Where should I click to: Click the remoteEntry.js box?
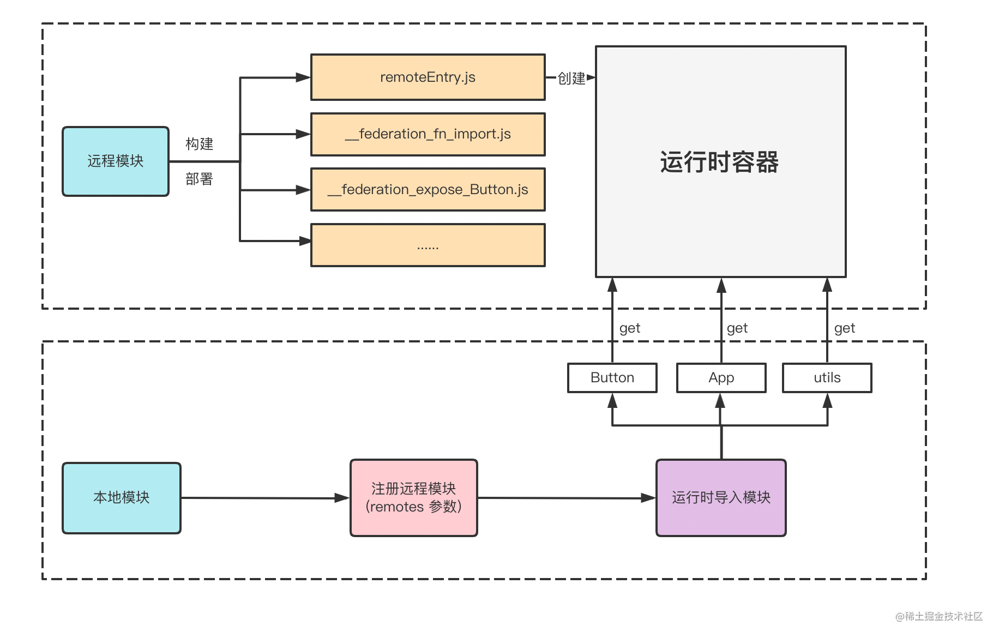(x=428, y=77)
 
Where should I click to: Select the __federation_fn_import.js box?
(x=428, y=134)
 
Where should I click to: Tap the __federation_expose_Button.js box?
(x=428, y=190)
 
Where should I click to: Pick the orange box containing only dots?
(x=428, y=245)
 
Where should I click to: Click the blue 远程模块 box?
(x=116, y=161)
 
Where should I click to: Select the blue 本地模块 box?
(x=122, y=498)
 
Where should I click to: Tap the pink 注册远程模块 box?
(x=414, y=498)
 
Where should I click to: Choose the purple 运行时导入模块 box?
(x=721, y=498)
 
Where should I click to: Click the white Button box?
(x=612, y=377)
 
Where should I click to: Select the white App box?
(x=721, y=377)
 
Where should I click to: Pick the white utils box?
(x=827, y=377)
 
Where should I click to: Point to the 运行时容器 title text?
(x=719, y=162)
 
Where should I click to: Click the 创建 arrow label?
(x=571, y=79)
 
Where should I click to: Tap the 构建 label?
(x=199, y=144)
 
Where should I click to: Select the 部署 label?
(x=199, y=179)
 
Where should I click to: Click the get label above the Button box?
(x=630, y=328)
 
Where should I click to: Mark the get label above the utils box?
(x=845, y=328)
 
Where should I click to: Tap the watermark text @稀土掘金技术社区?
(x=938, y=616)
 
